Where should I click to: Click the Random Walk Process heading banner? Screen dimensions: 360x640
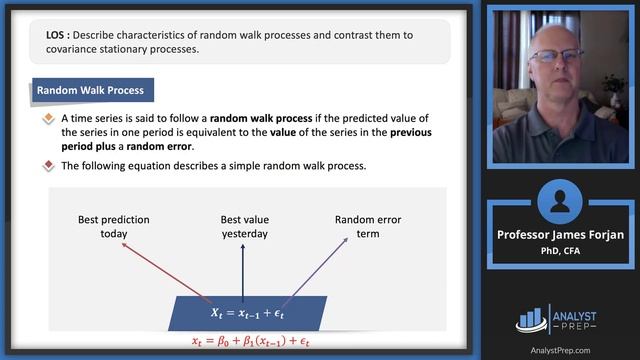click(x=91, y=90)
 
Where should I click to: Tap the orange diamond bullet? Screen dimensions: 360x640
click(x=48, y=119)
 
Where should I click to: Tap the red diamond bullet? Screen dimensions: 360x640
click(x=48, y=166)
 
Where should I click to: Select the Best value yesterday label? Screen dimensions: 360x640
click(x=244, y=226)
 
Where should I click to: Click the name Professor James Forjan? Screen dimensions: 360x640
click(x=561, y=235)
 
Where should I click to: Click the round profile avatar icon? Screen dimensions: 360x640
click(x=561, y=202)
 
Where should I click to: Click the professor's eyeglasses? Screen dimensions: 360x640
click(x=555, y=56)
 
